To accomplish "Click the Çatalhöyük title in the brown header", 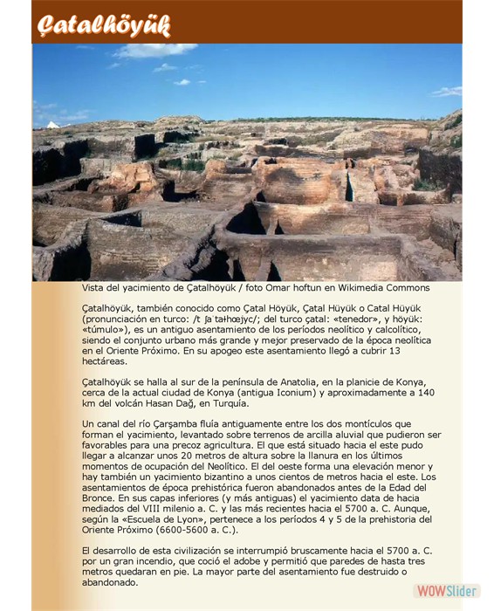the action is pos(104,24).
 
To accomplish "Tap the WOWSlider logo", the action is pos(446,591).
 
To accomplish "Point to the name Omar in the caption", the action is pos(282,288).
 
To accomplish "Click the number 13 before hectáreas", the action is pos(394,351).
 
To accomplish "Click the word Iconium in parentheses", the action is pos(280,393).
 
